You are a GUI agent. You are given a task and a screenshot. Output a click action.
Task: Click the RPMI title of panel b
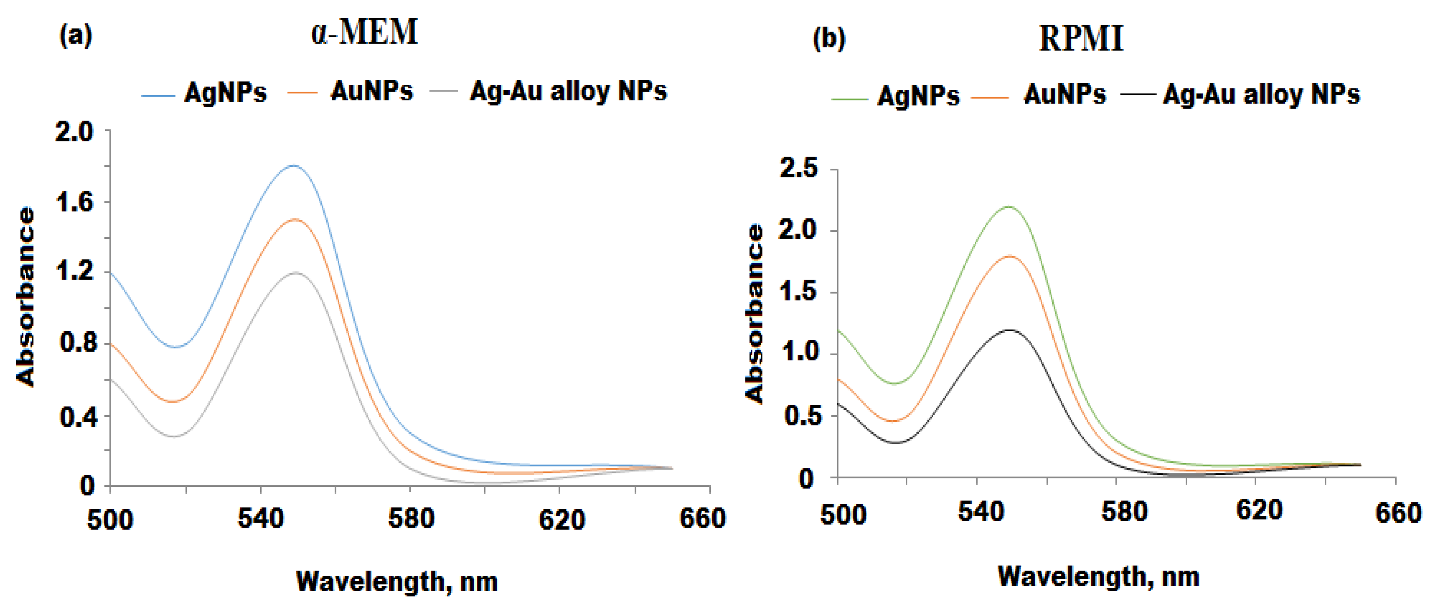(x=1080, y=39)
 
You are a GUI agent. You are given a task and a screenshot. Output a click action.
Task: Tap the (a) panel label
(x=76, y=37)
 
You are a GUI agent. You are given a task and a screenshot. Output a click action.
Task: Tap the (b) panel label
(x=829, y=39)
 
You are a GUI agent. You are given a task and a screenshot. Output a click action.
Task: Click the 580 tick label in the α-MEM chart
(x=411, y=519)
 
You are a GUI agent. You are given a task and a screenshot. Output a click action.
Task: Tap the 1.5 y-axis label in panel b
(x=798, y=292)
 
